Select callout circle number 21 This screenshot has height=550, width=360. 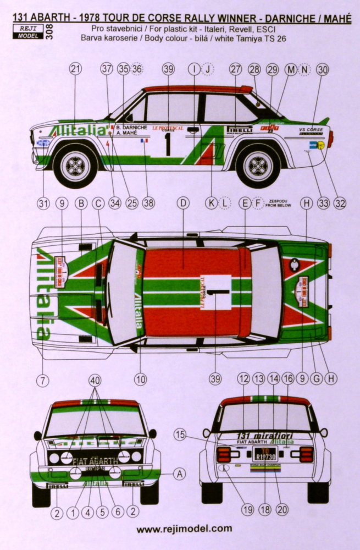tap(76, 69)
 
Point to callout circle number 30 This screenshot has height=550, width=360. tap(323, 69)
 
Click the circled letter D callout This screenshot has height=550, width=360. tap(182, 203)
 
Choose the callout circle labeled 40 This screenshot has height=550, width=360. tap(96, 379)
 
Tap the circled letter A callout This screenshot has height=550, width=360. tap(180, 474)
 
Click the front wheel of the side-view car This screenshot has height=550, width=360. tap(76, 164)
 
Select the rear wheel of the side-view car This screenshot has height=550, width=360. tap(258, 164)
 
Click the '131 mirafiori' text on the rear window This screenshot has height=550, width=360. tap(265, 435)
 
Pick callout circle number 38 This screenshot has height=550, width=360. tap(148, 203)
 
